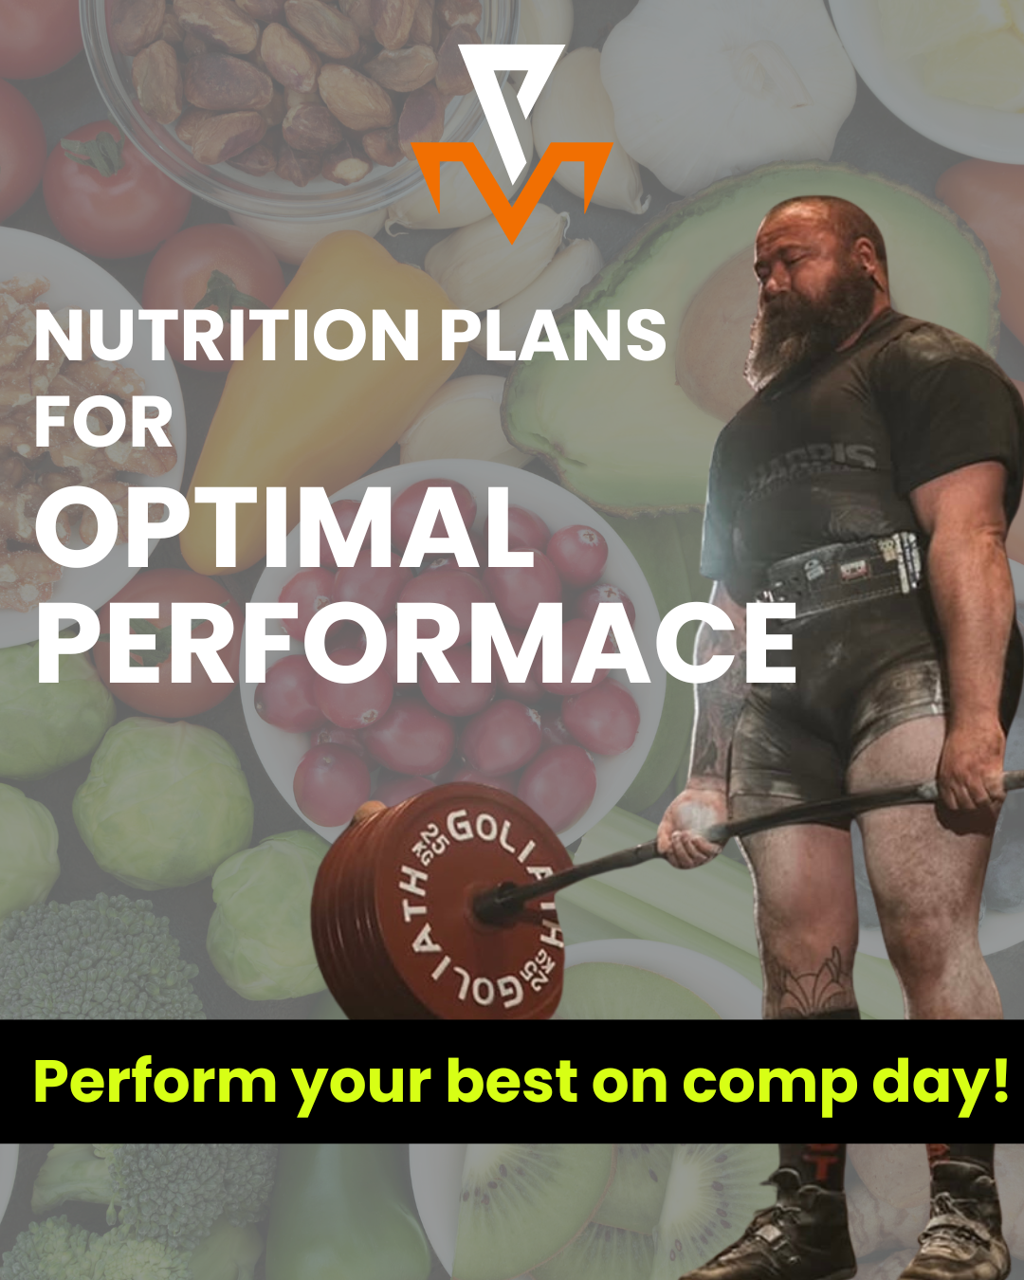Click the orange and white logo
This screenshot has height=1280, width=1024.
[512, 142]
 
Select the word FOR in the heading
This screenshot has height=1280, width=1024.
[104, 423]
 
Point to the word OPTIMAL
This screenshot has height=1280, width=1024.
[284, 527]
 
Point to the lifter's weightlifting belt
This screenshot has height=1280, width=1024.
[844, 569]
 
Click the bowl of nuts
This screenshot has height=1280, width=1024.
[294, 85]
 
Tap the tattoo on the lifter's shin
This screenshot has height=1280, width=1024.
[806, 977]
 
